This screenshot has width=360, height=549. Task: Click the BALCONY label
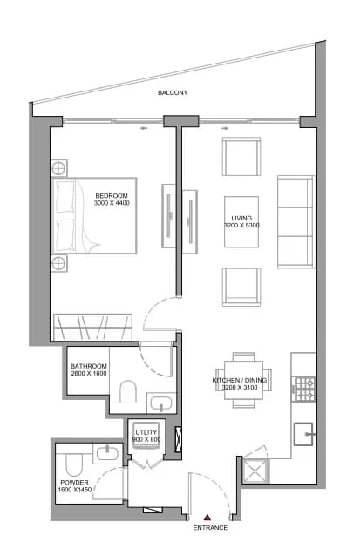coord(173,92)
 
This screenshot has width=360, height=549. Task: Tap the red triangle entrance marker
coord(207,517)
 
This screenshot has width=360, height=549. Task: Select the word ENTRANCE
coord(210,527)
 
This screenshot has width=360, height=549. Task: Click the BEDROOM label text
coord(112,196)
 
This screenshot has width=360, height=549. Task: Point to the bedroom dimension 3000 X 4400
coord(112,203)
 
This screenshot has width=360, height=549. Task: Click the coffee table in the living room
coord(241,221)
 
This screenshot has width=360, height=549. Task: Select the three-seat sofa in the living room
coord(296,222)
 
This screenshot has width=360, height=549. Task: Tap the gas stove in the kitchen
coord(304,390)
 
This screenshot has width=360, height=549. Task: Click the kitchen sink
coord(303,434)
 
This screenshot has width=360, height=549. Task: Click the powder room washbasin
coord(107,454)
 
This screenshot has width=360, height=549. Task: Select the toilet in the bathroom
coord(128,391)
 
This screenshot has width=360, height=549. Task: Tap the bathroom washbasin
coord(161,403)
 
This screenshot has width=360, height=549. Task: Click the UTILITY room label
coord(146,432)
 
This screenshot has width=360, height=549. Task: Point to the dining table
coord(243,380)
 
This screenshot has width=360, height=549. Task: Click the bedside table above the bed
coord(58,168)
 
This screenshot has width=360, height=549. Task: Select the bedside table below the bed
coord(58,263)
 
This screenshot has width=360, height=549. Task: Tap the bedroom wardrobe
coord(92,327)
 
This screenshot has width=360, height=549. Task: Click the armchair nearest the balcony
coord(241,157)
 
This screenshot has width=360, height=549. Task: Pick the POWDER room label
coord(74,483)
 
